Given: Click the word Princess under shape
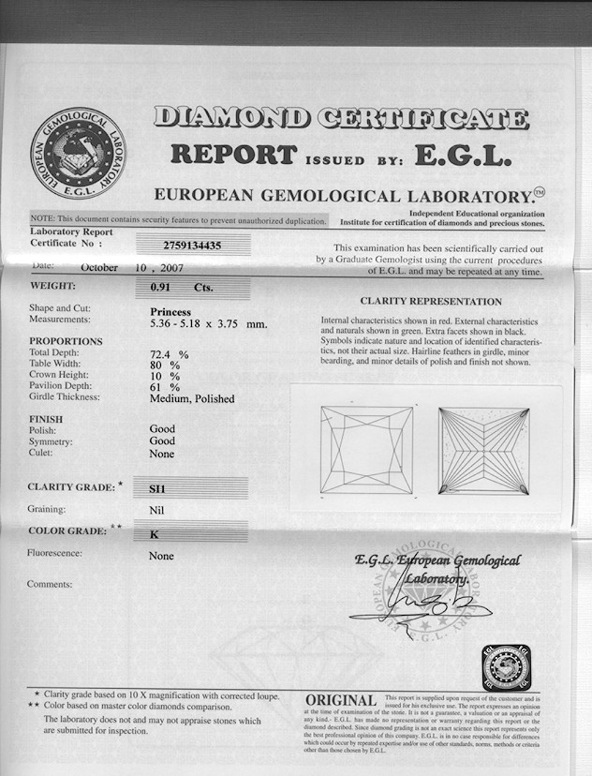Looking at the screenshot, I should click(x=170, y=311).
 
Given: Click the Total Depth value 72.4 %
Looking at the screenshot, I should click(x=170, y=355).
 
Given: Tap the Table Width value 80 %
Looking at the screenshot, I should click(x=165, y=366).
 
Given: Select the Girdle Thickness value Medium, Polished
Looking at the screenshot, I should click(x=192, y=398).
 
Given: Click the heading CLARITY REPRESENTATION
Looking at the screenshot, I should click(x=431, y=302).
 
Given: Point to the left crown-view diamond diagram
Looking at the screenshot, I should click(x=366, y=450).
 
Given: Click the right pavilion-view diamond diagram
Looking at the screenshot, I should click(x=483, y=450).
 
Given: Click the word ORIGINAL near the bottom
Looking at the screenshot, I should click(x=341, y=701).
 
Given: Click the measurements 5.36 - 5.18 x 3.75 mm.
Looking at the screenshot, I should click(x=209, y=324).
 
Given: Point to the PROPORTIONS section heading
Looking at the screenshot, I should click(x=66, y=341).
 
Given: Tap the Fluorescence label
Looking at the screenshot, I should click(x=55, y=553).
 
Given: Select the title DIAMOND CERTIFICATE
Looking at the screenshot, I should click(x=341, y=118).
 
